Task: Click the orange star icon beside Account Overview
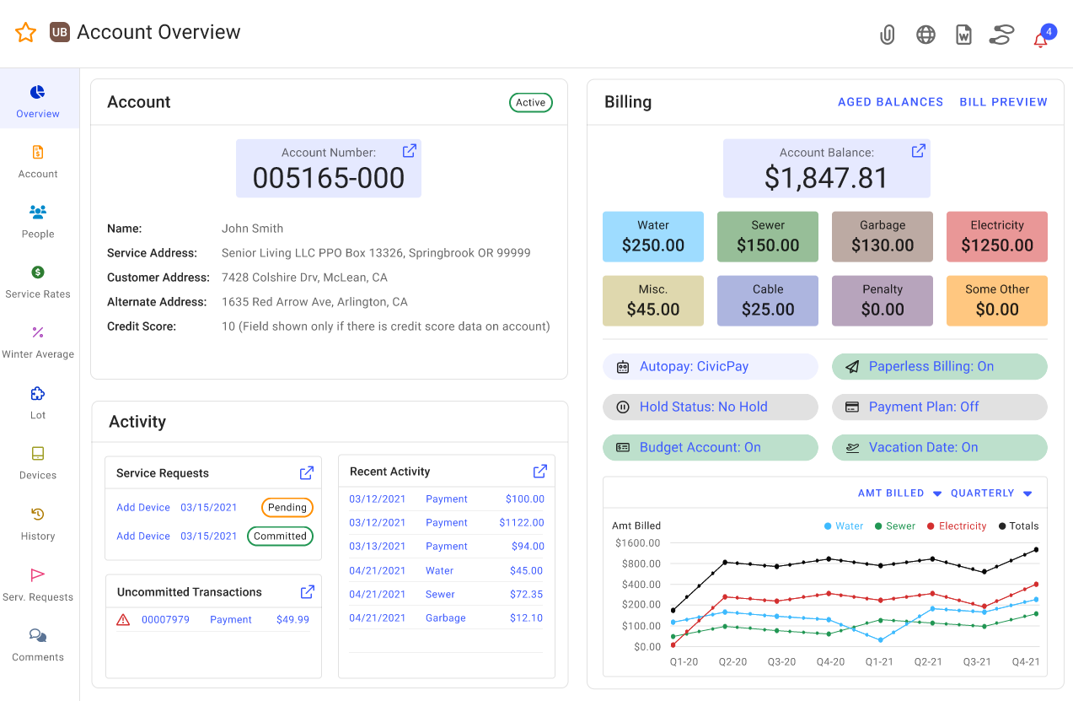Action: pyautogui.click(x=26, y=33)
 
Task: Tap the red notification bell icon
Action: pyautogui.click(x=1041, y=39)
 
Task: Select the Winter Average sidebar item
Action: pyautogui.click(x=38, y=342)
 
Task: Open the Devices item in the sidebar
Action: pyautogui.click(x=38, y=462)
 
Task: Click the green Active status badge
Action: pyautogui.click(x=530, y=103)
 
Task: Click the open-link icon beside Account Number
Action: pyautogui.click(x=410, y=151)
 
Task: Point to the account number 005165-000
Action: pyautogui.click(x=329, y=178)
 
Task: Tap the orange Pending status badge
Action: pyautogui.click(x=287, y=508)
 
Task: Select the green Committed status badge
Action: pyautogui.click(x=280, y=537)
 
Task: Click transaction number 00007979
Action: pyautogui.click(x=165, y=620)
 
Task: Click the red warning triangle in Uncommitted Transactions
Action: pyautogui.click(x=123, y=620)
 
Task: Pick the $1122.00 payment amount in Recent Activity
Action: pyautogui.click(x=521, y=523)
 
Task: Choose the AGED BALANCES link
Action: pyautogui.click(x=890, y=102)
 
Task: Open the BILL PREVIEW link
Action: pyautogui.click(x=1003, y=102)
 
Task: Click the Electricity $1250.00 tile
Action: pyautogui.click(x=996, y=236)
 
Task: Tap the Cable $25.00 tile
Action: pyautogui.click(x=767, y=300)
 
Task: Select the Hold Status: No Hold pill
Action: pyautogui.click(x=710, y=407)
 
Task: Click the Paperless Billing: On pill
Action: pyautogui.click(x=939, y=367)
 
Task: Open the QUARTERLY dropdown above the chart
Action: pyautogui.click(x=991, y=493)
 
